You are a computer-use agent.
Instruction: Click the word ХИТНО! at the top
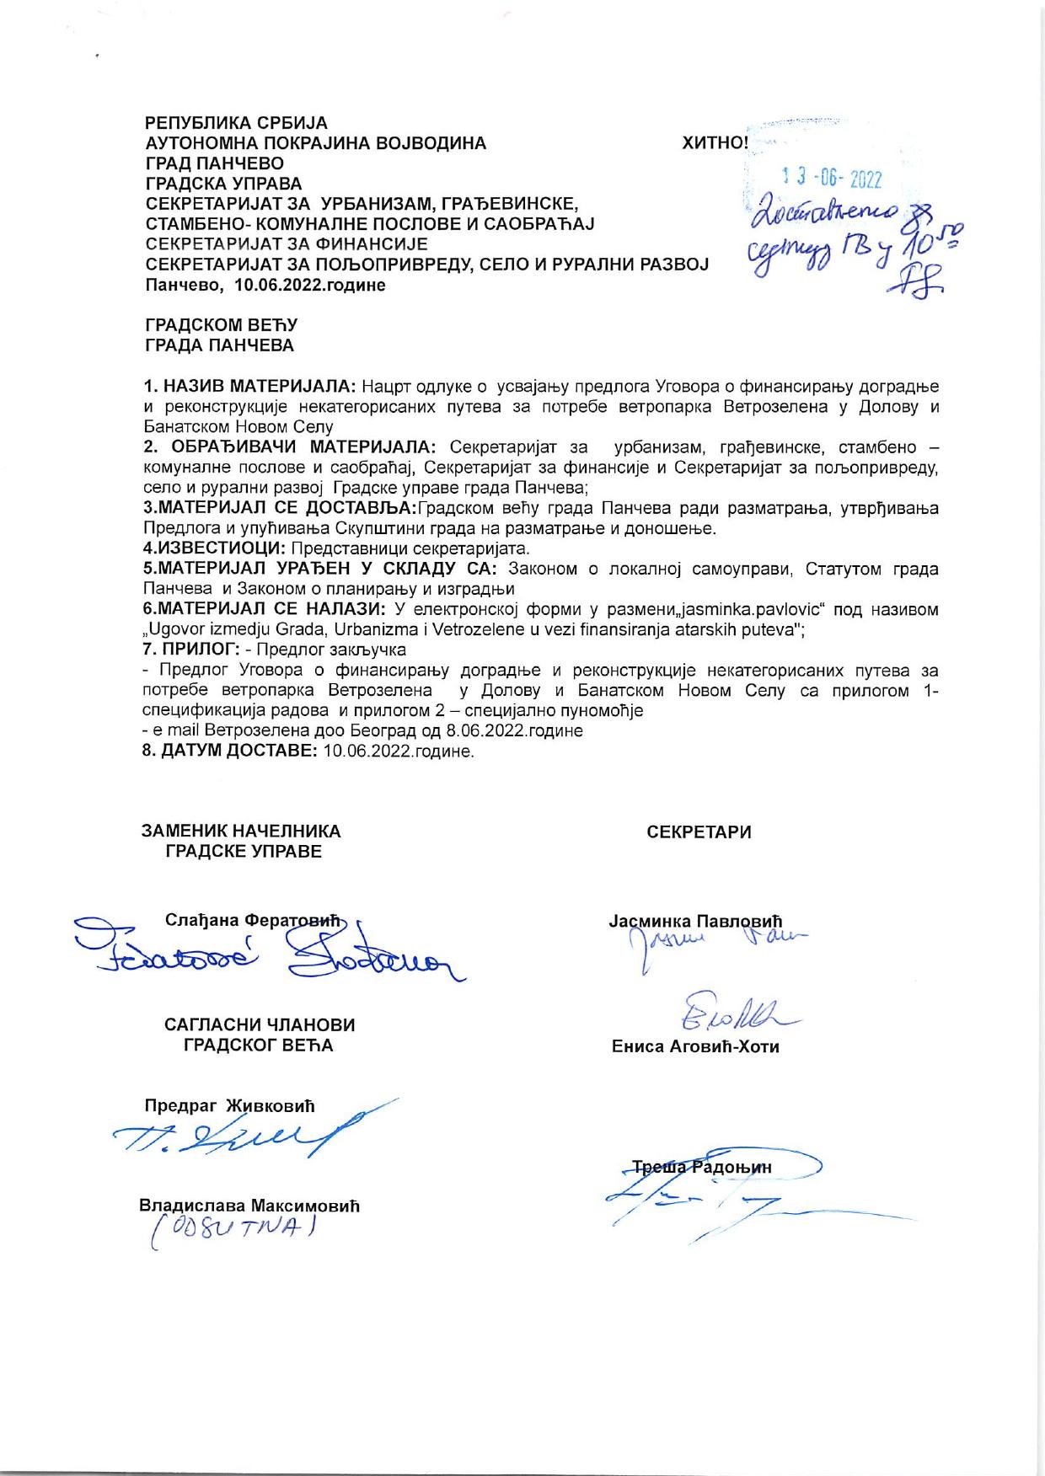(715, 143)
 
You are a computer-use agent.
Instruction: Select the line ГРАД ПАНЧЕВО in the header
(215, 163)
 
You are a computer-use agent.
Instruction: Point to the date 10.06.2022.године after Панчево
(309, 285)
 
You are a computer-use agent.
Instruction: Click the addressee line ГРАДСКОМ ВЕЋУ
(222, 325)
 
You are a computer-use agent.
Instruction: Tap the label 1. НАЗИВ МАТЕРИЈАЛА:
(249, 387)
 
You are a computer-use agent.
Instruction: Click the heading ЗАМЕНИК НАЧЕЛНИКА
(241, 832)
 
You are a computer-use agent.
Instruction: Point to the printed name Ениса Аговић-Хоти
(695, 1047)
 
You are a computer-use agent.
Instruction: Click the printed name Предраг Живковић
(229, 1104)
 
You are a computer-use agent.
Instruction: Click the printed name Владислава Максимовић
(249, 1206)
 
